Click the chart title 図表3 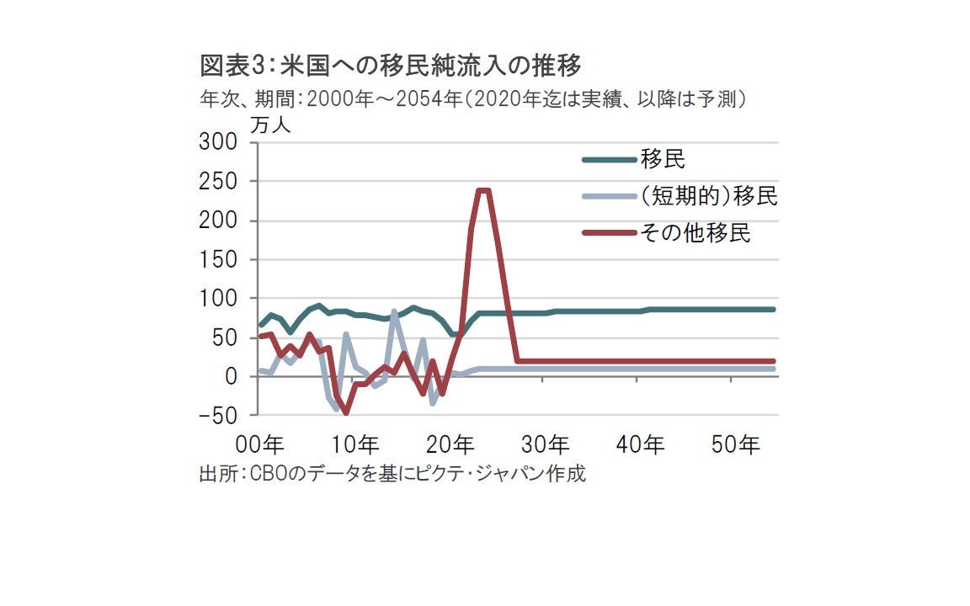tap(392, 65)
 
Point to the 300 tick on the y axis tap(219, 142)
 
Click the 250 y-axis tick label tap(219, 182)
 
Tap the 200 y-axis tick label tap(219, 221)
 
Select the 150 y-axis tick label tap(219, 259)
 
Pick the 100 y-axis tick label tap(219, 299)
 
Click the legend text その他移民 tap(695, 234)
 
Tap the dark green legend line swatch tap(609, 159)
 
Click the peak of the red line tap(482, 190)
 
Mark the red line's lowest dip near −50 tap(345, 412)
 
